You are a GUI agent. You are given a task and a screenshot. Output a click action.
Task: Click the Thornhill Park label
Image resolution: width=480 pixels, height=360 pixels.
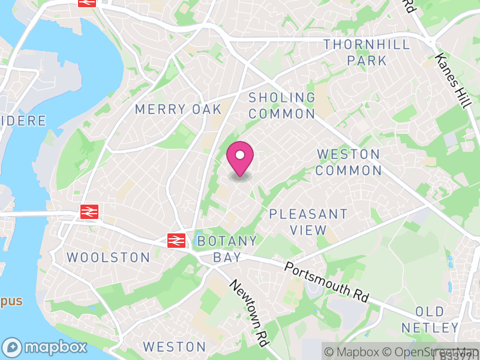point(367,53)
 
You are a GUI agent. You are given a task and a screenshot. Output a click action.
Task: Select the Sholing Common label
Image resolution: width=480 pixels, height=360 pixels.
point(282,105)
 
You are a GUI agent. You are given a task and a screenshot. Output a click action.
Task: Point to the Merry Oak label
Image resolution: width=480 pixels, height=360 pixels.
point(178,109)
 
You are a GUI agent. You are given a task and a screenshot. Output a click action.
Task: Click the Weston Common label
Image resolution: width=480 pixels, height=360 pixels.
point(349,163)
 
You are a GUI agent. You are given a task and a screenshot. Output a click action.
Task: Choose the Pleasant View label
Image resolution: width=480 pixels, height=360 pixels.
point(308,222)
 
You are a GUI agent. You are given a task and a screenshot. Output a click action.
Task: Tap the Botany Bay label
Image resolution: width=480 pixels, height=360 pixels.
point(227,249)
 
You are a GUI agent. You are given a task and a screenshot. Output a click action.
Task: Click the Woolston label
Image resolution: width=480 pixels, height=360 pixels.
point(108,257)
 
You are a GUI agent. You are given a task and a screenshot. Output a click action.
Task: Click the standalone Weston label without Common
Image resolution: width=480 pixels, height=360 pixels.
point(175,347)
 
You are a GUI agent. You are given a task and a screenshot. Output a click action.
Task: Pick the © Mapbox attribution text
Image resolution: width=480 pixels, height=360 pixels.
point(355,352)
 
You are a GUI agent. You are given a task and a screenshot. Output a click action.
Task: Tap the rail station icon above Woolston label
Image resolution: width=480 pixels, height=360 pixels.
point(89,211)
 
